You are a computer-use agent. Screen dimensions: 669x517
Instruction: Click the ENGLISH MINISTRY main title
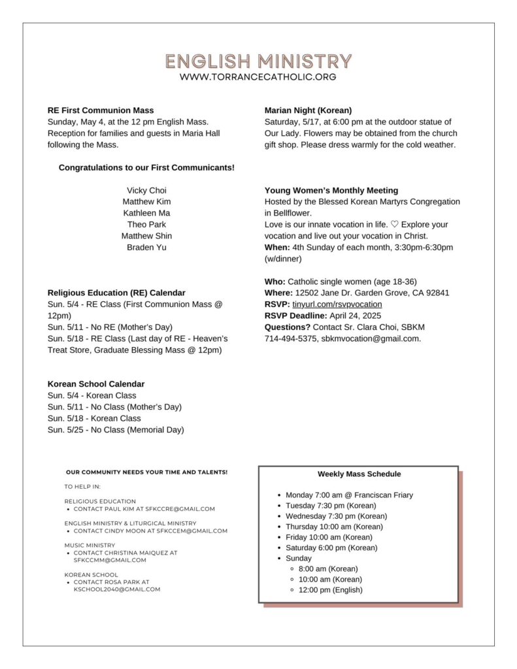click(x=258, y=61)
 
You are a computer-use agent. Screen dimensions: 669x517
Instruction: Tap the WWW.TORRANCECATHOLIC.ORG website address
click(x=258, y=77)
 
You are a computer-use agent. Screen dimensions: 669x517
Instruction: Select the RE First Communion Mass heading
click(x=101, y=110)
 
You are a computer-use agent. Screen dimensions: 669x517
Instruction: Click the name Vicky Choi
click(x=146, y=190)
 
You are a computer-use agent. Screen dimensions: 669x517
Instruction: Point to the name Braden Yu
click(x=146, y=248)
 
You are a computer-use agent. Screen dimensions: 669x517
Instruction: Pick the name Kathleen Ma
click(x=146, y=213)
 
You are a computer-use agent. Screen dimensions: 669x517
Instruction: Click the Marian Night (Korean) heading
click(x=308, y=110)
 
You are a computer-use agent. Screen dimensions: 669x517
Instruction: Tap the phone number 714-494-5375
click(x=290, y=338)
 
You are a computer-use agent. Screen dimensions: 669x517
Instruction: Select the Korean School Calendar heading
click(x=96, y=384)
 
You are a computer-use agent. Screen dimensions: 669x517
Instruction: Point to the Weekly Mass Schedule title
click(x=359, y=474)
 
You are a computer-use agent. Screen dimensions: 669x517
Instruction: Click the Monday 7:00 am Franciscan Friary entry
click(x=349, y=495)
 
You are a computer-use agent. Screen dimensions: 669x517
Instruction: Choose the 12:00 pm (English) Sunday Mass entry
click(x=330, y=590)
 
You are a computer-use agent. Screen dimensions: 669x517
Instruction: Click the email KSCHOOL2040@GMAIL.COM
click(x=117, y=589)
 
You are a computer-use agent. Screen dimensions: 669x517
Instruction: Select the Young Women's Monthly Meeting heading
click(x=331, y=191)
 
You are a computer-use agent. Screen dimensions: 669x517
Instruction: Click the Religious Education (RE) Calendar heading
click(x=116, y=293)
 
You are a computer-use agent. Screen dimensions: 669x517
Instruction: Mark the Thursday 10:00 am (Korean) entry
click(x=334, y=527)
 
